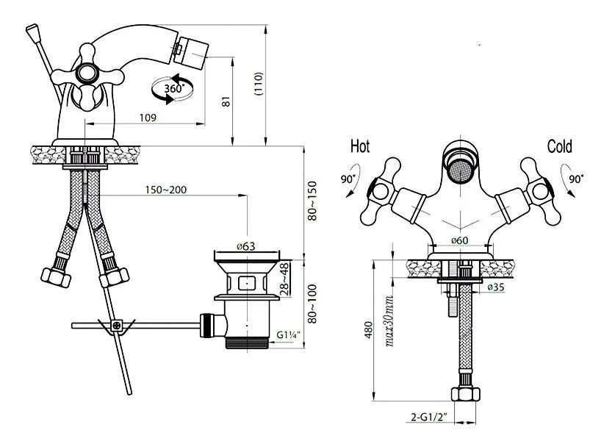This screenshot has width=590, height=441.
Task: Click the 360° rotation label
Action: coord(174,89)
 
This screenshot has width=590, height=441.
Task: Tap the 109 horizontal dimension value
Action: coord(148,118)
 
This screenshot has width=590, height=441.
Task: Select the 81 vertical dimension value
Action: coord(226,101)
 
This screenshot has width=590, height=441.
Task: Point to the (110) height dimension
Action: coord(259,84)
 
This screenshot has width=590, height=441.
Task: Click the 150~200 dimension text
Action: coord(166,190)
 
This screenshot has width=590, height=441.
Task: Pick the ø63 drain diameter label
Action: coord(246,246)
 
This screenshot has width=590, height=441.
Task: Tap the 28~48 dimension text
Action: coord(284,279)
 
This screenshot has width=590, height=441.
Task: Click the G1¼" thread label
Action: coord(289,334)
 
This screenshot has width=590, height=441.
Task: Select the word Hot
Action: coord(360,146)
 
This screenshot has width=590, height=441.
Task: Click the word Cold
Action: coord(560,146)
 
